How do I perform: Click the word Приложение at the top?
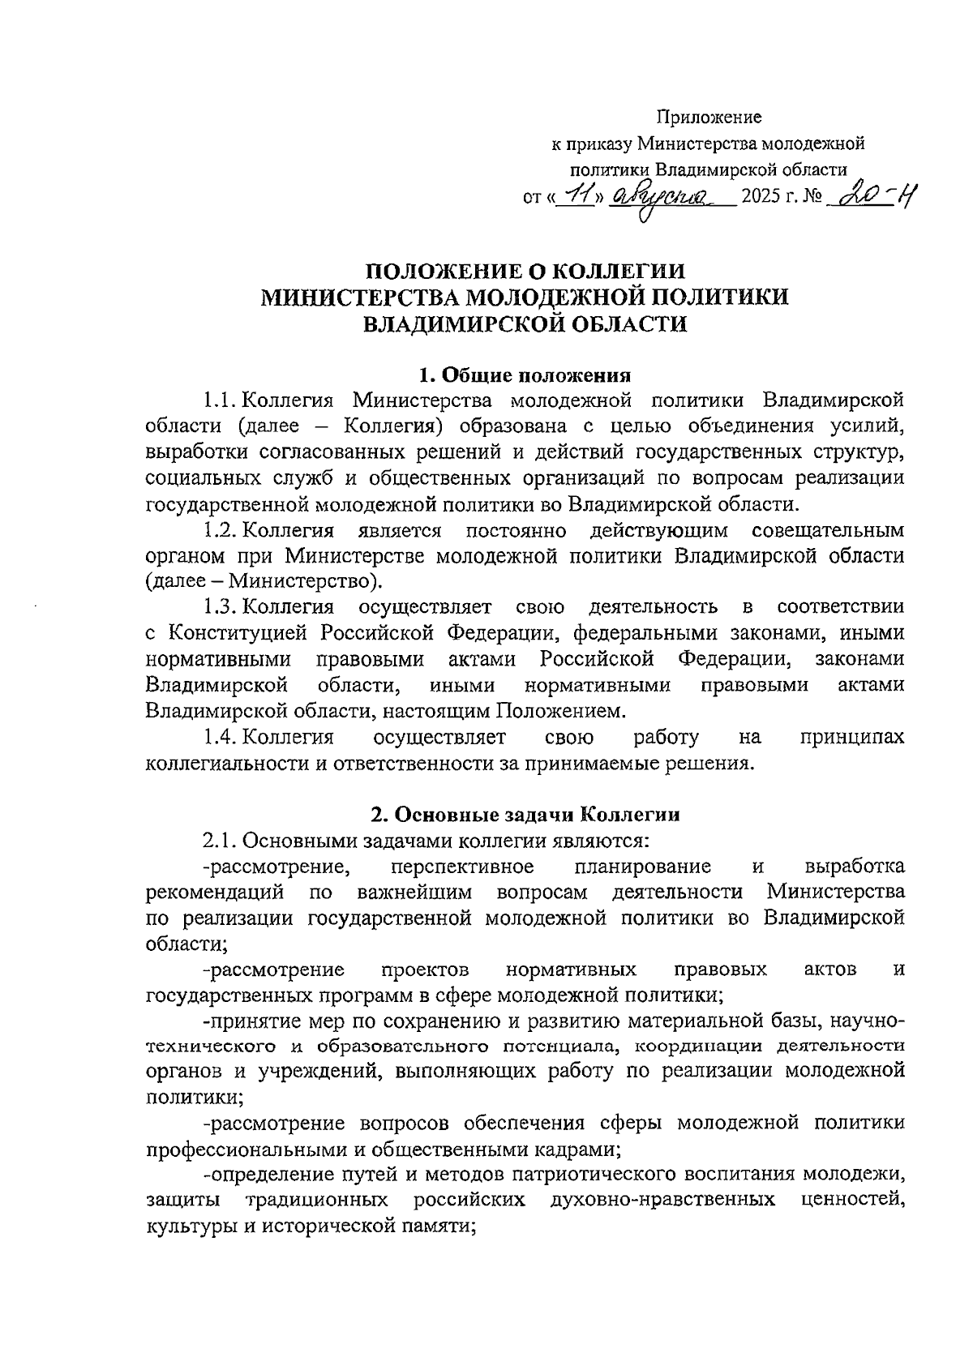(x=709, y=118)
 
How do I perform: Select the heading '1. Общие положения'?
(x=524, y=375)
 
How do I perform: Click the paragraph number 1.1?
(x=219, y=400)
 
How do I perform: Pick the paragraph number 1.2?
(x=219, y=531)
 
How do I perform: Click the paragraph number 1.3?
(x=219, y=606)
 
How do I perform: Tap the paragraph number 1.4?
(x=219, y=737)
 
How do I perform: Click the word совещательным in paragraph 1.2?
(x=828, y=531)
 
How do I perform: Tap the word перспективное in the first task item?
(x=461, y=867)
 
